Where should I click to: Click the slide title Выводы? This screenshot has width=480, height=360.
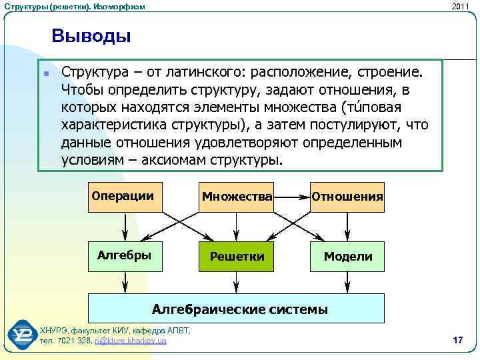91,36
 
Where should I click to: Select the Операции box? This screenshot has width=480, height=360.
127,196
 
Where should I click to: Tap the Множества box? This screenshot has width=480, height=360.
237,196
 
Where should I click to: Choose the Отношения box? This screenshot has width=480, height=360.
347,196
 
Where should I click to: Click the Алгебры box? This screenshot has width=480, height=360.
127,256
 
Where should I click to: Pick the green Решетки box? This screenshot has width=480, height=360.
237,257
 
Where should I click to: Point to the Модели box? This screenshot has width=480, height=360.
347,257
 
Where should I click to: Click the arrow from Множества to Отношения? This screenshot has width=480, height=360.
292,197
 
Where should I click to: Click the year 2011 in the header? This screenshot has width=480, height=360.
460,6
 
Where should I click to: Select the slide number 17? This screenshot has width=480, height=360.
457,341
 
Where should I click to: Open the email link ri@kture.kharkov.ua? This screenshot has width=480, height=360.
130,341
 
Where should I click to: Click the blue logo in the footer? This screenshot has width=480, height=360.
22,335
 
